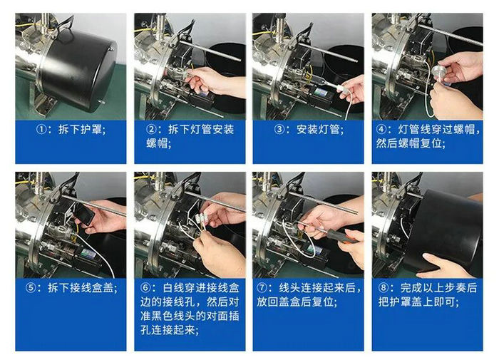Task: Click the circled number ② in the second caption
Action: tap(151, 130)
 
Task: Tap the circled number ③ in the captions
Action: tap(270, 130)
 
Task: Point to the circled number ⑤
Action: tap(31, 289)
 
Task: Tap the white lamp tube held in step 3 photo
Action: tap(340, 91)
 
